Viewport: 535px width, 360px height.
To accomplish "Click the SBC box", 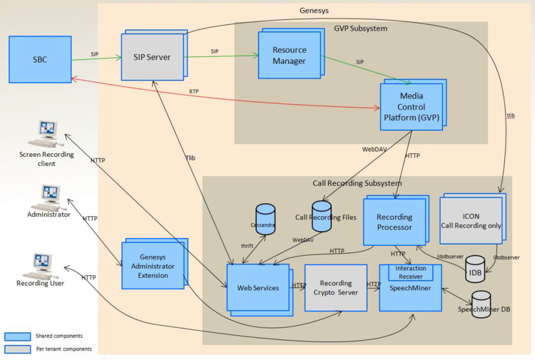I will pos(39,60).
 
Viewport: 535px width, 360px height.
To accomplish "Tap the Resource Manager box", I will pos(289,56).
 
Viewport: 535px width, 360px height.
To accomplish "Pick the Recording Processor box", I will pos(394,222).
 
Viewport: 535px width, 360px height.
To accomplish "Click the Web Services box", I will pos(257,287).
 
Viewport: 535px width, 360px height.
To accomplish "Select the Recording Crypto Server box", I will pos(335,287).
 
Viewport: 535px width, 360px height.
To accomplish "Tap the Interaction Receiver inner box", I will pos(410,272).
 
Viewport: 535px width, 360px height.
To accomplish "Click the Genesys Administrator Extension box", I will pos(153,265).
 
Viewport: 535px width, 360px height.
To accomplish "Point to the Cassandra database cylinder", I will pos(265,217).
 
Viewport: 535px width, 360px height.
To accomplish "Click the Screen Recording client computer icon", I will pos(48,133).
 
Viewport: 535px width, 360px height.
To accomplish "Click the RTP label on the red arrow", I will pos(193,91).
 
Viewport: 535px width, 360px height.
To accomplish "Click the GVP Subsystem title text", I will pos(360,29).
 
